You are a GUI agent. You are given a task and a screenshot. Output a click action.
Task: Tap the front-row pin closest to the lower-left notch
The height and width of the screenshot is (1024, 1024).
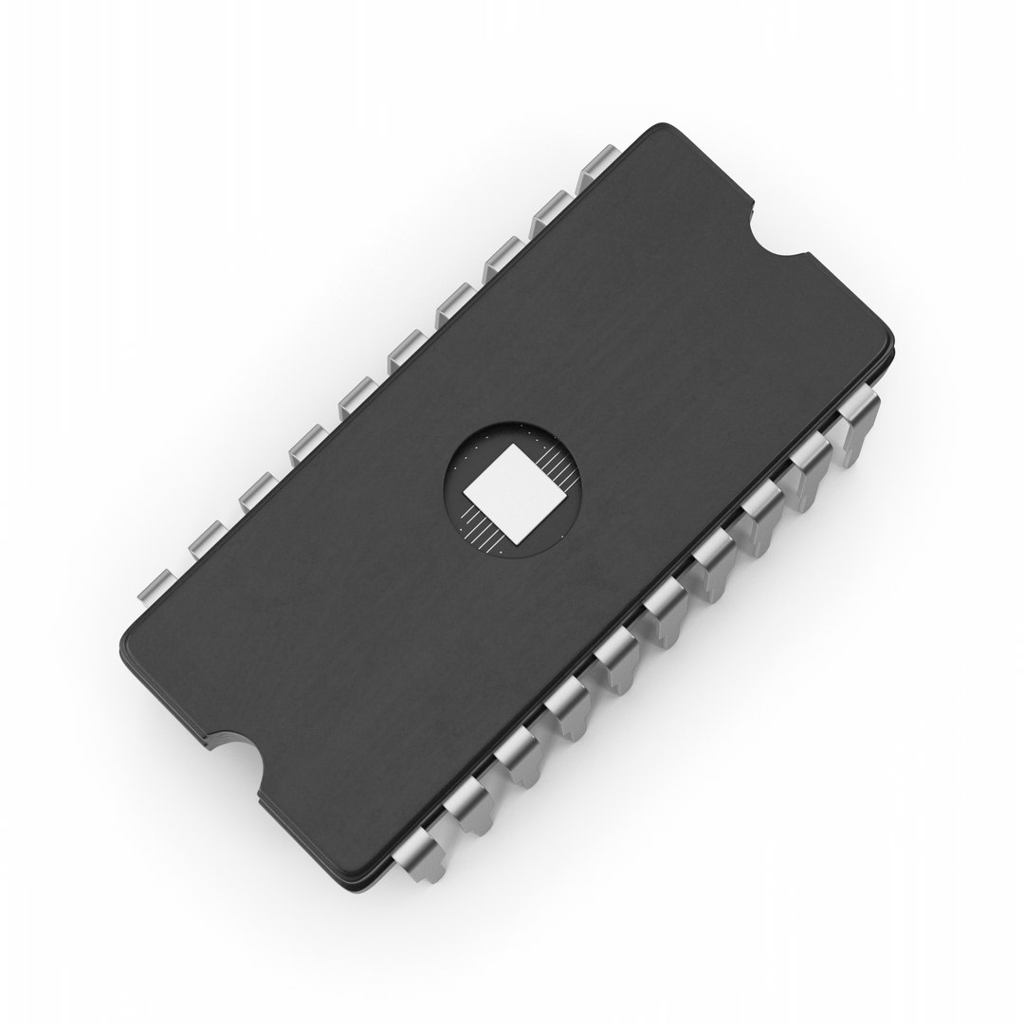pos(418,849)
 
